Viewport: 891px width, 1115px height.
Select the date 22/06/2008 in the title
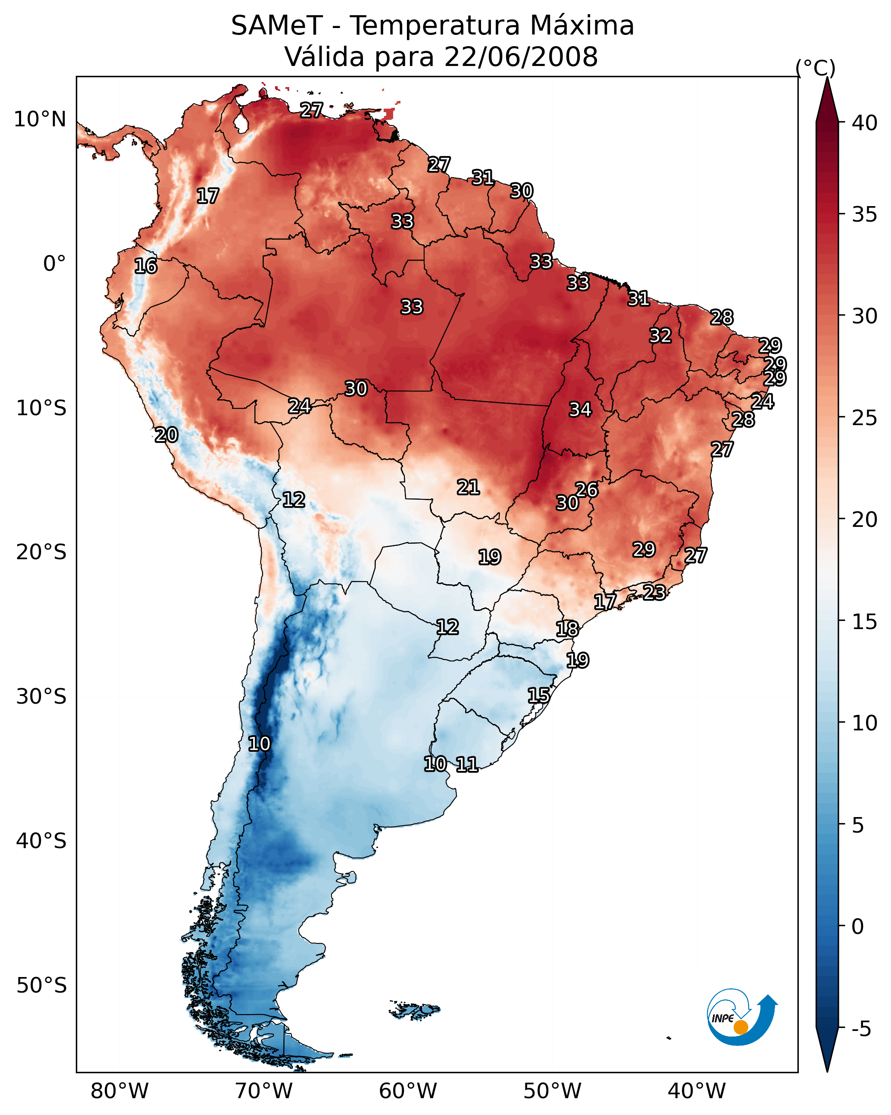click(x=521, y=56)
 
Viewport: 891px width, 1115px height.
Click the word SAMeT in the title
click(x=277, y=25)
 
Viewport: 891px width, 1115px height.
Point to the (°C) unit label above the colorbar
click(x=815, y=68)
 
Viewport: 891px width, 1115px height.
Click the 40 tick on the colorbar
click(x=865, y=123)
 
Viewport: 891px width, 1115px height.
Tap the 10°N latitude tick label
click(x=40, y=119)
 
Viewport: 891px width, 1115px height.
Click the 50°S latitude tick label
click(x=41, y=985)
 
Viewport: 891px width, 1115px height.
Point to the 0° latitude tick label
click(x=55, y=264)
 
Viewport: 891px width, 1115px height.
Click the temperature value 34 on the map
click(x=580, y=410)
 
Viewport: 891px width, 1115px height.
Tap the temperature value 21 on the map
click(x=469, y=487)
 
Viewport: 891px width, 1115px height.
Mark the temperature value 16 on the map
click(x=146, y=266)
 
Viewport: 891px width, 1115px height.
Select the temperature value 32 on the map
click(x=660, y=335)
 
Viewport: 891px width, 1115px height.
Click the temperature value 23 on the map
click(x=655, y=592)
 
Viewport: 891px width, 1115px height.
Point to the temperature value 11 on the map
click(x=467, y=764)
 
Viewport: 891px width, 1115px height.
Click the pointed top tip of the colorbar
click(x=827, y=78)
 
